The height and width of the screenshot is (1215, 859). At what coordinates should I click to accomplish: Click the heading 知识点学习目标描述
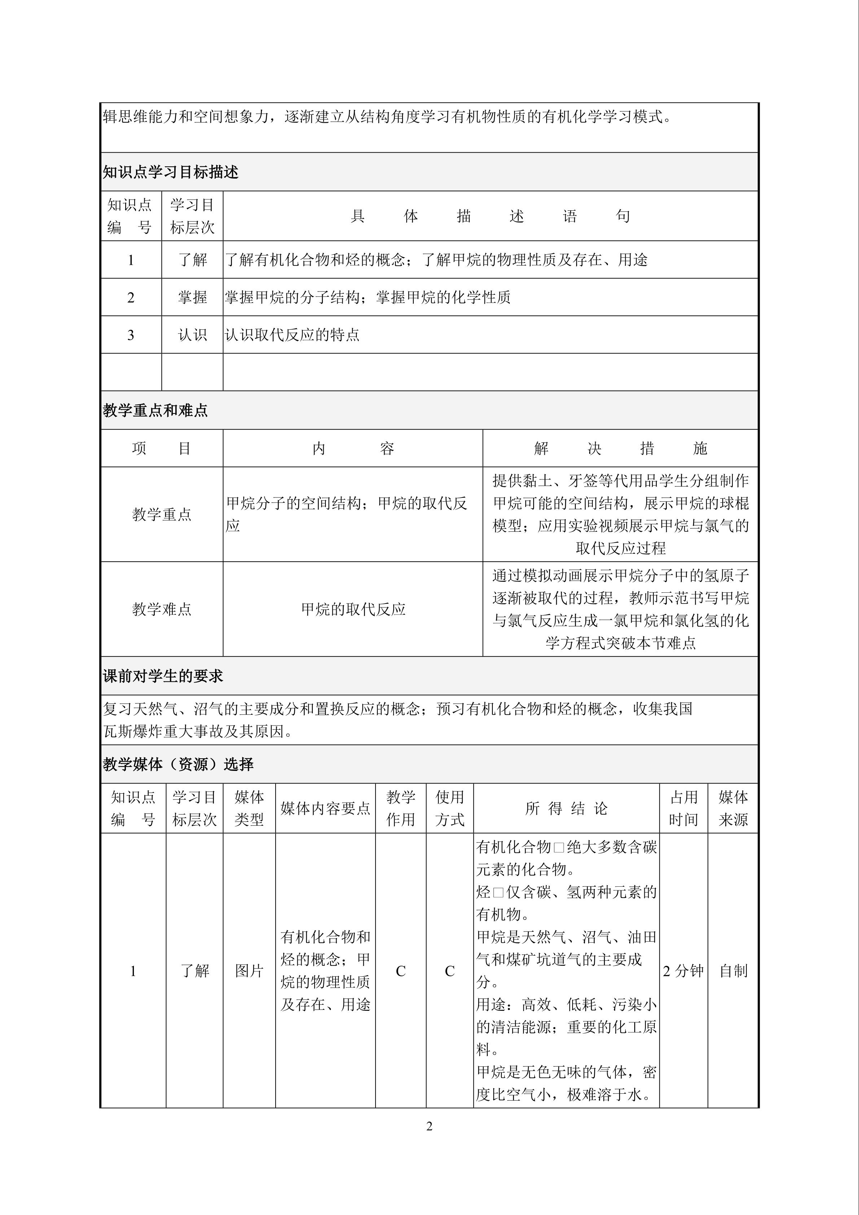point(170,172)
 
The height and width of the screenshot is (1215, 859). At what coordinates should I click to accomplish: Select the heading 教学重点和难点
point(155,410)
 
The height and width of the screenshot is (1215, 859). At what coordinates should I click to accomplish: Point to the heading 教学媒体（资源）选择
point(178,764)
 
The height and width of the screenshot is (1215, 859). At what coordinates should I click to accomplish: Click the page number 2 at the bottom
point(429,1126)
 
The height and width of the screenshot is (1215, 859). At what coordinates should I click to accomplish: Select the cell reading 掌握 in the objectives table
point(192,297)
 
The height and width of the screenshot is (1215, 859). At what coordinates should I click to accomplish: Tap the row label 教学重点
point(161,514)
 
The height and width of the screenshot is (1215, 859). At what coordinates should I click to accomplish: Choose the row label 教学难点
point(161,609)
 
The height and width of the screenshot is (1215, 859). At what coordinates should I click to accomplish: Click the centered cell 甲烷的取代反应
point(353,609)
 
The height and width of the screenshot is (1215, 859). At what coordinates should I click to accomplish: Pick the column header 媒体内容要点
point(325,808)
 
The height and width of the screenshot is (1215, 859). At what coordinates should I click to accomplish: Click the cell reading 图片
point(249,970)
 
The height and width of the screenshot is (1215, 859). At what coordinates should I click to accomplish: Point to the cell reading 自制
point(733,970)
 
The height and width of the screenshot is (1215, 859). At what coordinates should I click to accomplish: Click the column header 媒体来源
point(733,808)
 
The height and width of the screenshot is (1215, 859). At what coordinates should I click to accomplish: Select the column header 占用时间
point(683,808)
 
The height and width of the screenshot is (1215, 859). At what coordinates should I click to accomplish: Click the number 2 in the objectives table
point(131,297)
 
